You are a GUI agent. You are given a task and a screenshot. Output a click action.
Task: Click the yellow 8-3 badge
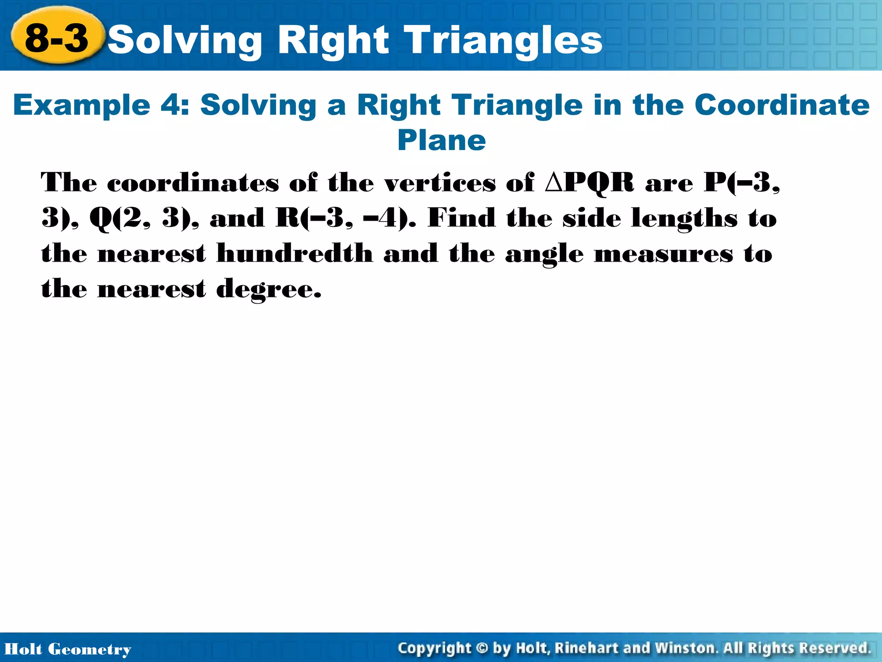click(x=57, y=38)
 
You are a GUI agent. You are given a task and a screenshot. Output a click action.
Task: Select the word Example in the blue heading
click(x=82, y=105)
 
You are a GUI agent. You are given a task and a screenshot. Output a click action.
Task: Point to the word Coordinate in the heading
click(x=782, y=105)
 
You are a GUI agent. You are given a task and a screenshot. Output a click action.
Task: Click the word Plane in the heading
click(x=441, y=141)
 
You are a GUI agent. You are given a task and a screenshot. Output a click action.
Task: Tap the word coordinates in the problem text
click(x=193, y=183)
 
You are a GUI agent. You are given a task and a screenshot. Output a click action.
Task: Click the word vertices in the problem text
click(x=440, y=183)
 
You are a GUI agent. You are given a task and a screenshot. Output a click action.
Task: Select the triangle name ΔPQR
click(x=589, y=183)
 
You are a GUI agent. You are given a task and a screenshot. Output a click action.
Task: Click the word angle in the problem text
click(x=544, y=254)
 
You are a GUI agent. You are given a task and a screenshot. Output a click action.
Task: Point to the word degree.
click(x=269, y=289)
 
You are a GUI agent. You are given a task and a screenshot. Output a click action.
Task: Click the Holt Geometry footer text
click(x=68, y=649)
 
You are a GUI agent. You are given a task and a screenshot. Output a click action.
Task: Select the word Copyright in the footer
click(x=435, y=648)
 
